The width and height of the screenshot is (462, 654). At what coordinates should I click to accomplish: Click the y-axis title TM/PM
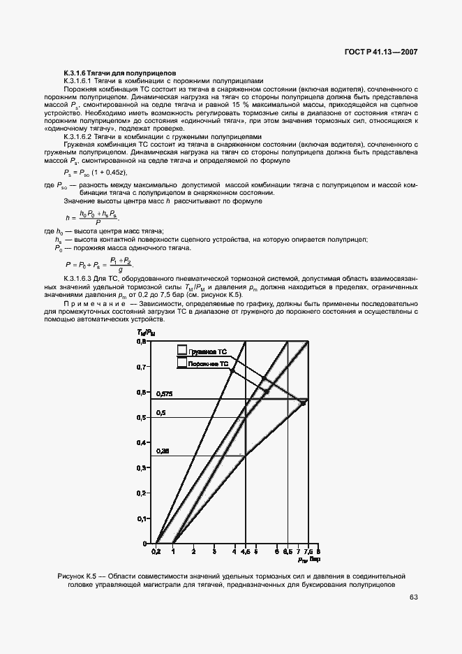pos(145,334)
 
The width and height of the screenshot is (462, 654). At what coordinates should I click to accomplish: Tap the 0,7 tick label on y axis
pos(142,367)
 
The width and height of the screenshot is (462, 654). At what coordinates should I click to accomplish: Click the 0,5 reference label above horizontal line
pos(161,413)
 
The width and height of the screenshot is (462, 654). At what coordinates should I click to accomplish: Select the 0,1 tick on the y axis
pos(142,518)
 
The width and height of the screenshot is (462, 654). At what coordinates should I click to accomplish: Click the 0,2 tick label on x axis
pos(156,551)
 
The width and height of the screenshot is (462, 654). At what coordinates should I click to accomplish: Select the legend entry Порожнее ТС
pos(207,364)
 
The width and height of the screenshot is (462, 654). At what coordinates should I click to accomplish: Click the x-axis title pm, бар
pos(308,560)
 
